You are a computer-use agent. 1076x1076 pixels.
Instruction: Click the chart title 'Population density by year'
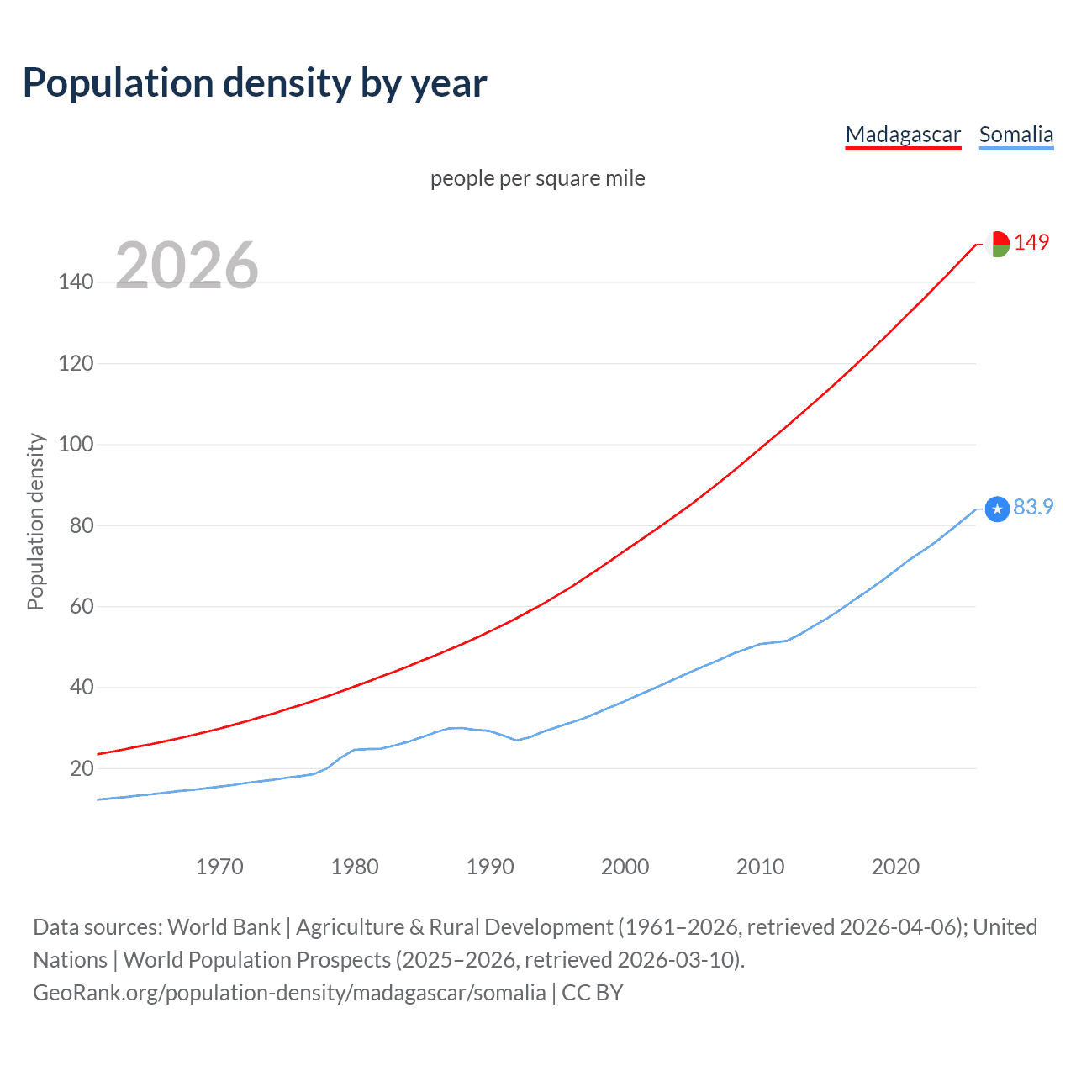click(x=255, y=83)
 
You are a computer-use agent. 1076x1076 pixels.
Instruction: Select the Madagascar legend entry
click(x=903, y=134)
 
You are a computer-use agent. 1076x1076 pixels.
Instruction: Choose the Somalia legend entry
click(x=1015, y=134)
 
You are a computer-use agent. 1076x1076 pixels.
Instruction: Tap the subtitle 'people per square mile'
click(x=537, y=178)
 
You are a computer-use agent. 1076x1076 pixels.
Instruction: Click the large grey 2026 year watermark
click(x=187, y=266)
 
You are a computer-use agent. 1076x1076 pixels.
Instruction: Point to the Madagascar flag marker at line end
click(x=997, y=244)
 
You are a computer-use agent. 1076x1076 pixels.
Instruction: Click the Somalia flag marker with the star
click(x=997, y=509)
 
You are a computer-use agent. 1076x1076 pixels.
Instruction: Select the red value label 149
click(x=1031, y=242)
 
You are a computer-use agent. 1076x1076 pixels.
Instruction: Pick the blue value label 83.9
click(x=1033, y=507)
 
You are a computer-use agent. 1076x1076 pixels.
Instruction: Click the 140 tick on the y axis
click(x=76, y=282)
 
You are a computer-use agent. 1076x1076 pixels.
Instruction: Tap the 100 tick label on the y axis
click(x=76, y=444)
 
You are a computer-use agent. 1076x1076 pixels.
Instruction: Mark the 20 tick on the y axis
click(x=81, y=768)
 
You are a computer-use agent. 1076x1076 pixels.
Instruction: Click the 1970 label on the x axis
click(x=219, y=867)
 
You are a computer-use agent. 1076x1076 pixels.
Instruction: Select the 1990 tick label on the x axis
click(x=490, y=867)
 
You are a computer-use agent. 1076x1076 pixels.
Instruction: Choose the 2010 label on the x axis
click(x=760, y=867)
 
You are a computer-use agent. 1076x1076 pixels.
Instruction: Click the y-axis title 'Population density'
click(x=35, y=521)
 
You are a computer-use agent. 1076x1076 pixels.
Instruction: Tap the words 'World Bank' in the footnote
click(x=224, y=927)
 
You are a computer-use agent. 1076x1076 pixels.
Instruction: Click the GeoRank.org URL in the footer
click(x=289, y=993)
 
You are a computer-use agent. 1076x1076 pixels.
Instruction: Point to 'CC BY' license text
click(x=593, y=993)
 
